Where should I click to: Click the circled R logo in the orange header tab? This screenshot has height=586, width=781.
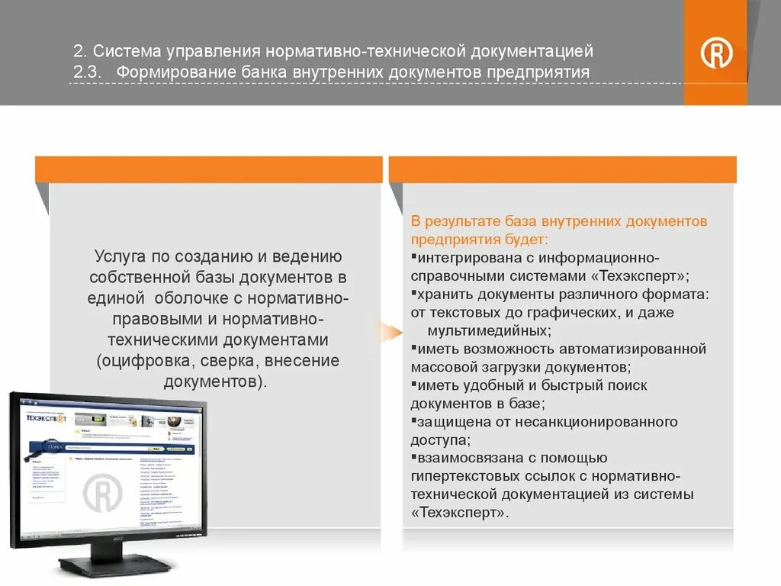[x=716, y=53]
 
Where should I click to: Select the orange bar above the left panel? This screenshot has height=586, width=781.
[x=208, y=169]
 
